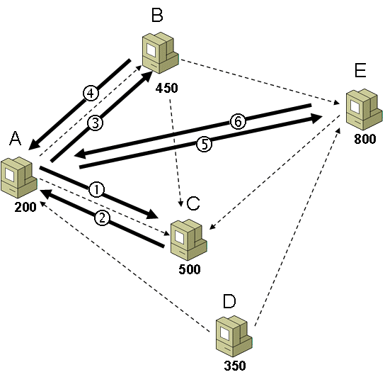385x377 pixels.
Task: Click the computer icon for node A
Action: tap(19, 177)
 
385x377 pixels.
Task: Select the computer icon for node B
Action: tap(161, 52)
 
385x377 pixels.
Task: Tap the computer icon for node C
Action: tap(189, 240)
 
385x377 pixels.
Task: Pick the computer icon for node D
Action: tap(234, 336)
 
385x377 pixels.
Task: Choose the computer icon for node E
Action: tap(364, 109)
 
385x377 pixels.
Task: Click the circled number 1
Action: tap(96, 190)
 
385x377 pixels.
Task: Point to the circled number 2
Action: tap(102, 218)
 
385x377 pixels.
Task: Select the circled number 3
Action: tap(96, 123)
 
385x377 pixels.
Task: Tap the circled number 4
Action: tap(91, 94)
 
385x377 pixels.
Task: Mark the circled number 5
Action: tap(205, 144)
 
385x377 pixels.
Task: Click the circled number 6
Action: tap(238, 121)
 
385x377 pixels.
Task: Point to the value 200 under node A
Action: tap(25, 207)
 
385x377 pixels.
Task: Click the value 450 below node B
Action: tap(167, 88)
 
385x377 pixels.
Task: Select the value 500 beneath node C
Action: tap(190, 269)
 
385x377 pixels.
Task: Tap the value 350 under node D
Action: tap(235, 366)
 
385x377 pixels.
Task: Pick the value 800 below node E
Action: tap(365, 139)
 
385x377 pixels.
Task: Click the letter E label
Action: tap(360, 70)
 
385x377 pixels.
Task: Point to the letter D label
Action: tap(229, 301)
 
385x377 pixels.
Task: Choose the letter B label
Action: tap(157, 16)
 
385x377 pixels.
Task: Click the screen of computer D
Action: tap(224, 333)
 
